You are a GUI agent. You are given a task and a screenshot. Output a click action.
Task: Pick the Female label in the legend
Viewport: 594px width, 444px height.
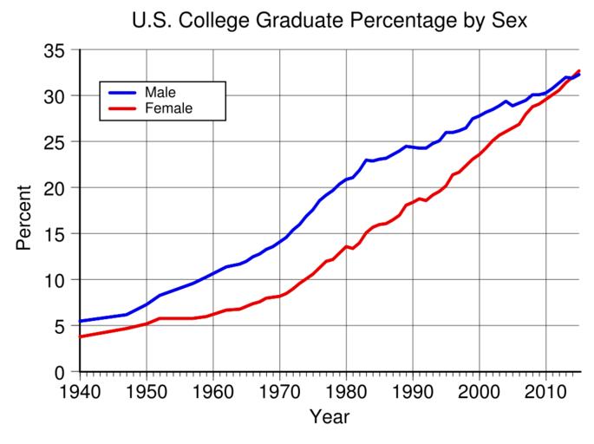tap(168, 108)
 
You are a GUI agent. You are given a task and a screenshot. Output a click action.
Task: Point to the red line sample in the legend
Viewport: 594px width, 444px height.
tap(121, 108)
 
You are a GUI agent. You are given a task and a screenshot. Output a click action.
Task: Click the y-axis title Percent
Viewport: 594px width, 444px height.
tap(23, 217)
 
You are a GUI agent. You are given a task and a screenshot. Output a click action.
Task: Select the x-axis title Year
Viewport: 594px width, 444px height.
tap(330, 417)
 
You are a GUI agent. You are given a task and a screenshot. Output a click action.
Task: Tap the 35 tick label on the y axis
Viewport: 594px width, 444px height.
tap(56, 51)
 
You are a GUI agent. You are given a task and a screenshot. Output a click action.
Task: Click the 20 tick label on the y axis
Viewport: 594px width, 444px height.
tap(56, 188)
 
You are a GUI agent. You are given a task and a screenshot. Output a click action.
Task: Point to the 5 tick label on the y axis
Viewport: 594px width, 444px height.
tap(62, 326)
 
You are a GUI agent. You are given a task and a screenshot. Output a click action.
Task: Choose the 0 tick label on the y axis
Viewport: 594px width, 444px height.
tap(62, 372)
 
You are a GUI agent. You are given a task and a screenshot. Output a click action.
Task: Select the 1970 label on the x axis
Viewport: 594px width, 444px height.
tap(279, 390)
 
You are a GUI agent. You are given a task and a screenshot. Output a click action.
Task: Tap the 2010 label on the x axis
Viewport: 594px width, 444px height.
tap(546, 390)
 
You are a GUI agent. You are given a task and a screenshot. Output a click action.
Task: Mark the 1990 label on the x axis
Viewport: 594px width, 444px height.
tap(413, 390)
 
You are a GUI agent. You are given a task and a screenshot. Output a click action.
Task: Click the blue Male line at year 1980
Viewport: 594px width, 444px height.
tap(346, 180)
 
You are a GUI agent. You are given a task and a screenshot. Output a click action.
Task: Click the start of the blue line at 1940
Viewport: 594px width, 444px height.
tap(80, 322)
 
